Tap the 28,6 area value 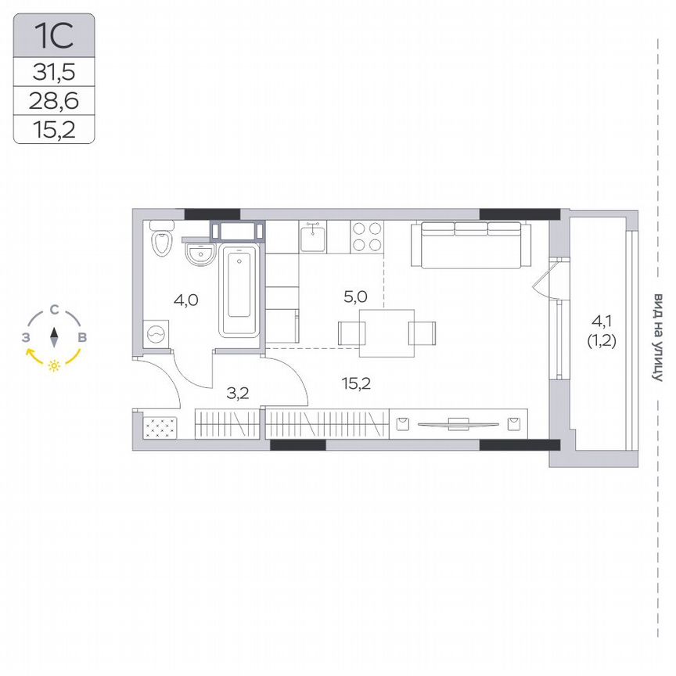[54, 100]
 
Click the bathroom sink [200, 253]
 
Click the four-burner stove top [365, 236]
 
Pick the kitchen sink [313, 236]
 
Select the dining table [387, 333]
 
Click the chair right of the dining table [422, 333]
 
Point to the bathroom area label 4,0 [186, 298]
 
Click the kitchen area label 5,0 [356, 297]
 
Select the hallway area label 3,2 [237, 393]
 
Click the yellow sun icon [54, 365]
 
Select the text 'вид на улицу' [658, 337]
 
